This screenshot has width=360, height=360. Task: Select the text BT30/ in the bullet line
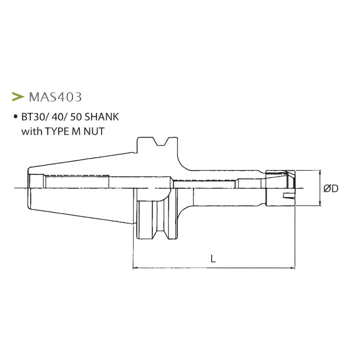33,118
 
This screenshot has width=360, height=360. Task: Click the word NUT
95,131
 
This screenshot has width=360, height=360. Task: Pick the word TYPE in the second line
55,131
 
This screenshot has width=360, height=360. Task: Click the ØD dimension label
331,188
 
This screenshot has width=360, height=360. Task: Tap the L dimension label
213,259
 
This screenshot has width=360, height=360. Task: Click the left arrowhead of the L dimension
136,267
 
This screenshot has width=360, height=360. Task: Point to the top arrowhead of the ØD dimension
320,173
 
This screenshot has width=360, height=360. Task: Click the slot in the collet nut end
290,197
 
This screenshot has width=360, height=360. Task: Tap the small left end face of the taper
29,188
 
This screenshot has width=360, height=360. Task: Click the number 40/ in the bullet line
55,118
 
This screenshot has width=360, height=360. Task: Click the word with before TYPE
32,131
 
